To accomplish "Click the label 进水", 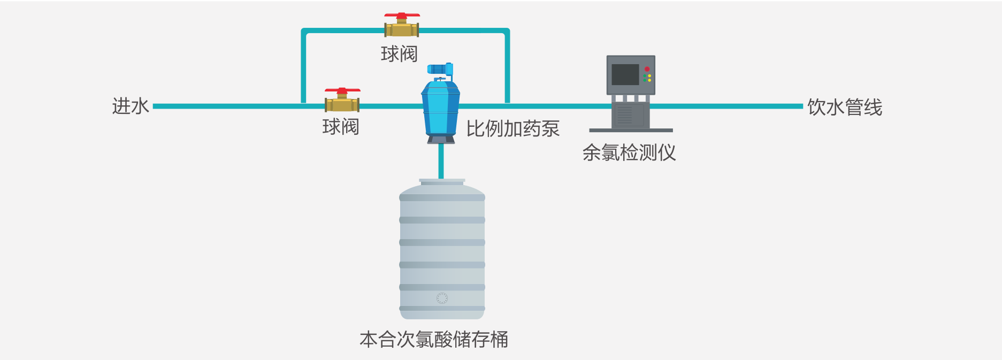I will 130,106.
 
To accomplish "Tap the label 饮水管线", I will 844,108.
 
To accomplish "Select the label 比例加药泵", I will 513,129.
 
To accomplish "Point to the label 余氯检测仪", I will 629,153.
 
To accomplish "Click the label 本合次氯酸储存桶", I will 433,340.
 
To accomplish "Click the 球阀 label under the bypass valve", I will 399,54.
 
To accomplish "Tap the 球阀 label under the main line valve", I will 341,127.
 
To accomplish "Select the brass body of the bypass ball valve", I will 402,30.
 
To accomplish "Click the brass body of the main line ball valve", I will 342,105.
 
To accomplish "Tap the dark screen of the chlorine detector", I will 625,74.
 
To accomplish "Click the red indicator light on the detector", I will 647,69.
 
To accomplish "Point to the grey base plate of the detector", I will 631,130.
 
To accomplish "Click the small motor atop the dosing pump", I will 440,70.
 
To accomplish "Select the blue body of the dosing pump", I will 441,110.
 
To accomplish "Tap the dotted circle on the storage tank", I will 442,298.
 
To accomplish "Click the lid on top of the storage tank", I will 442,182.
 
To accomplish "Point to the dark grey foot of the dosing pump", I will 441,140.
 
